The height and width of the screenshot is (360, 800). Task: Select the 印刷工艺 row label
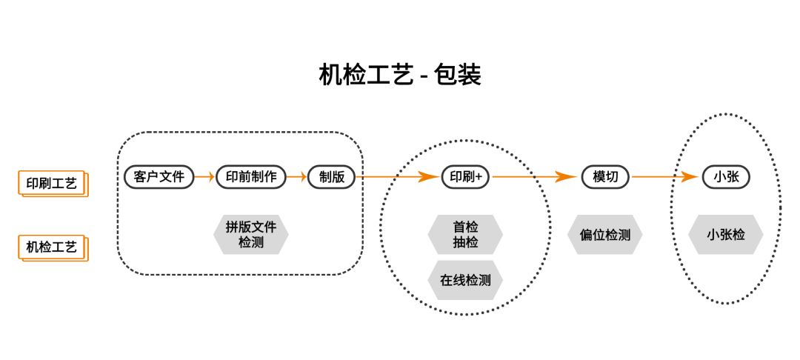pos(53,183)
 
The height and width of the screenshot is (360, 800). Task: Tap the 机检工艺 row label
pos(53,248)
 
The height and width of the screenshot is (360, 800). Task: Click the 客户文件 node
pos(159,177)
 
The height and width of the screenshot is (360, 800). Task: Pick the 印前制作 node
pos(251,177)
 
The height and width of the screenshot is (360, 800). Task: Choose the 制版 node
pos(332,177)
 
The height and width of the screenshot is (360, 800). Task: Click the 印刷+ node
pos(465,177)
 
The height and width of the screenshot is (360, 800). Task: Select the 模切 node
pos(605,177)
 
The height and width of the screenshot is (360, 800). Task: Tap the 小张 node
pos(725,177)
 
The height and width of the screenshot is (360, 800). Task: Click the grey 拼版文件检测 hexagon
pos(251,235)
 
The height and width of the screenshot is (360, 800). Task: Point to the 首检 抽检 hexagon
pos(465,235)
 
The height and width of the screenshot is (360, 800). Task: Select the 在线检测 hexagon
pos(465,280)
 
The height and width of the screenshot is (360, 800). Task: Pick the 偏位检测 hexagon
pos(605,235)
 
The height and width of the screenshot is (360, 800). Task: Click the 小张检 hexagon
pos(725,235)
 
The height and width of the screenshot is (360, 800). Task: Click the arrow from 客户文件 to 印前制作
pos(205,177)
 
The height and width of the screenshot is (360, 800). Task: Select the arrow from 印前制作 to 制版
pos(297,177)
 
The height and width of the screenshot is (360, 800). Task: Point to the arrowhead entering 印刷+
pos(430,177)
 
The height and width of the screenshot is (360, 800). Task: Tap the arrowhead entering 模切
pos(567,177)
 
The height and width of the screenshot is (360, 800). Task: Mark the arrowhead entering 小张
pos(689,177)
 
